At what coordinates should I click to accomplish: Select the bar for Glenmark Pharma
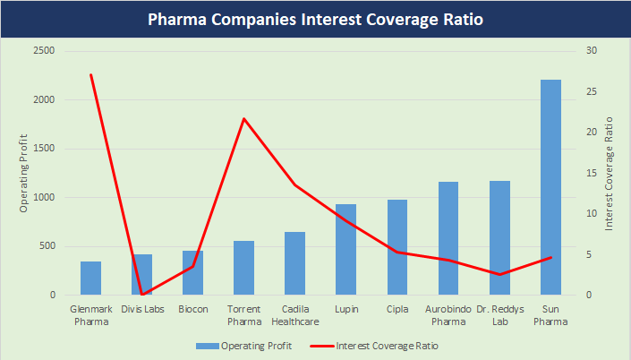tap(90, 278)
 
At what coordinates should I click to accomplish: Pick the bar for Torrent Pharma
tap(243, 268)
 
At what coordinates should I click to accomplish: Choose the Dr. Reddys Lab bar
tap(499, 237)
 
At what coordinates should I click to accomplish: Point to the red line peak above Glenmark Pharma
tap(91, 74)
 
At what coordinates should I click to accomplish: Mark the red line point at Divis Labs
tap(142, 294)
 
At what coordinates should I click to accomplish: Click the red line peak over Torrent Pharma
tap(243, 119)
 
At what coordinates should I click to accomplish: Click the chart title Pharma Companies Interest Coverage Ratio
tap(315, 19)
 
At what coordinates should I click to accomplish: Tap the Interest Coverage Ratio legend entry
tap(376, 344)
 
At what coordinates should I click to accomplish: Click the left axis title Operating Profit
tap(24, 173)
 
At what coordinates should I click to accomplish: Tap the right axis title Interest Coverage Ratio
tap(609, 173)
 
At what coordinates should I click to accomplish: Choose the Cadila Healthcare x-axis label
tap(294, 315)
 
